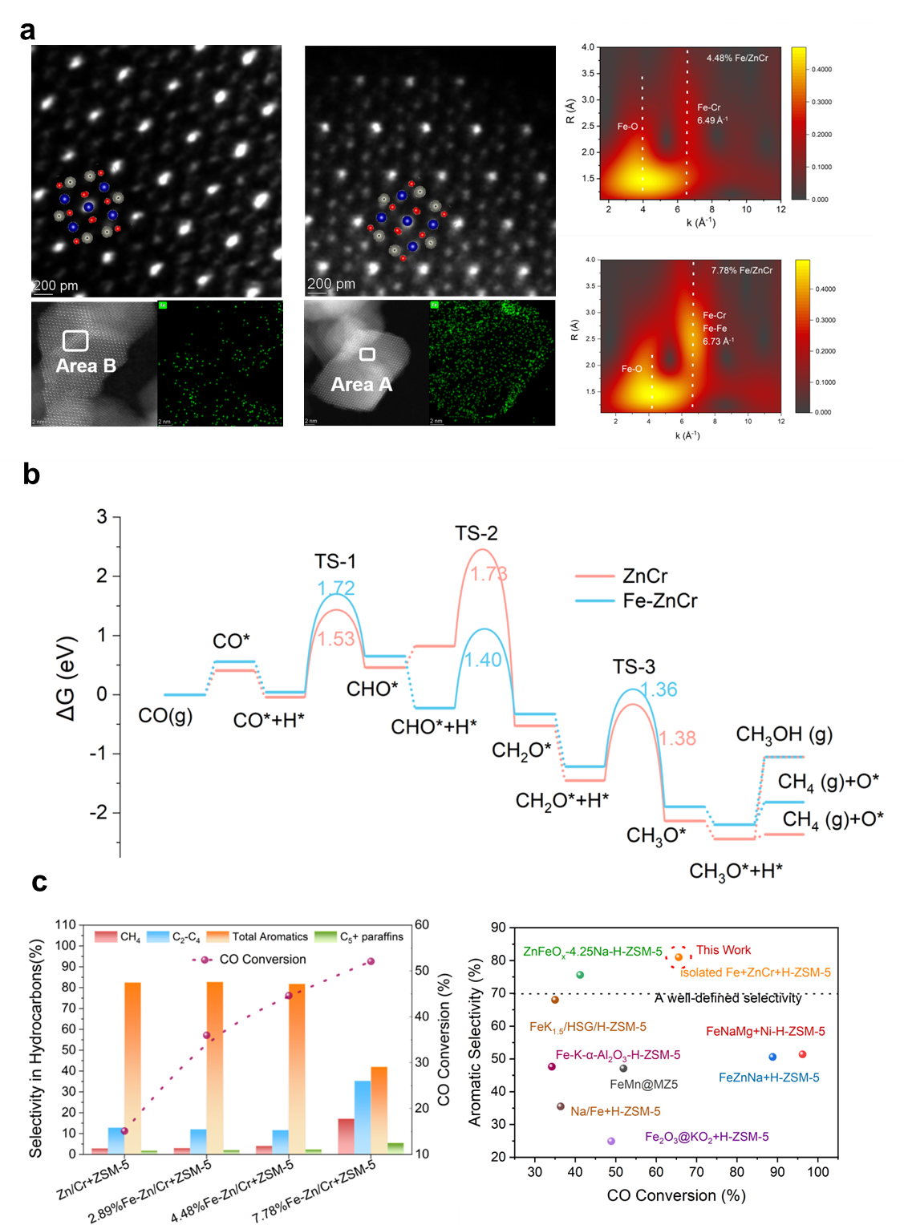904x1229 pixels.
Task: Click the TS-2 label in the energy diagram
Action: (x=476, y=533)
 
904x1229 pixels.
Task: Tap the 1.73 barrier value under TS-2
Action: (x=488, y=574)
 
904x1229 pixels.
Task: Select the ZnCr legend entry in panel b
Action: (x=645, y=576)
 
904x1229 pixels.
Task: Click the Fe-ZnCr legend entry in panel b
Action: (x=659, y=600)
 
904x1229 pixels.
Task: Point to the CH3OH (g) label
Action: (x=784, y=734)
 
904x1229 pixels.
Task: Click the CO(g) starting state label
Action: (x=165, y=715)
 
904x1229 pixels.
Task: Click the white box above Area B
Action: (x=75, y=341)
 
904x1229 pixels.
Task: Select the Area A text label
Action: (x=362, y=385)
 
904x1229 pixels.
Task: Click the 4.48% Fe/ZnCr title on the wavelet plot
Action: (x=737, y=58)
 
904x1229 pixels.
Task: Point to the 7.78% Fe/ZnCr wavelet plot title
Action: (x=742, y=270)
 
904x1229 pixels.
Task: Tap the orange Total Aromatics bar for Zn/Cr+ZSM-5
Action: (x=132, y=1066)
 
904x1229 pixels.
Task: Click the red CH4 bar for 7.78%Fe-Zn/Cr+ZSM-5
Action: (x=346, y=1136)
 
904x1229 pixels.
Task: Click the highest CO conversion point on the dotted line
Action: (x=370, y=961)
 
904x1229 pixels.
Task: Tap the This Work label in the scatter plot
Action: (x=724, y=950)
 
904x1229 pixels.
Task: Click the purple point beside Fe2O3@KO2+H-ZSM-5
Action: (x=611, y=1141)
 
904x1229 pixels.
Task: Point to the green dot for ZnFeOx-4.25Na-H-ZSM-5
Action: (x=580, y=975)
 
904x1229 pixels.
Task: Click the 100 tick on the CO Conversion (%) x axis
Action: (x=818, y=1172)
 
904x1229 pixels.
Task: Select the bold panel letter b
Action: (x=32, y=475)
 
